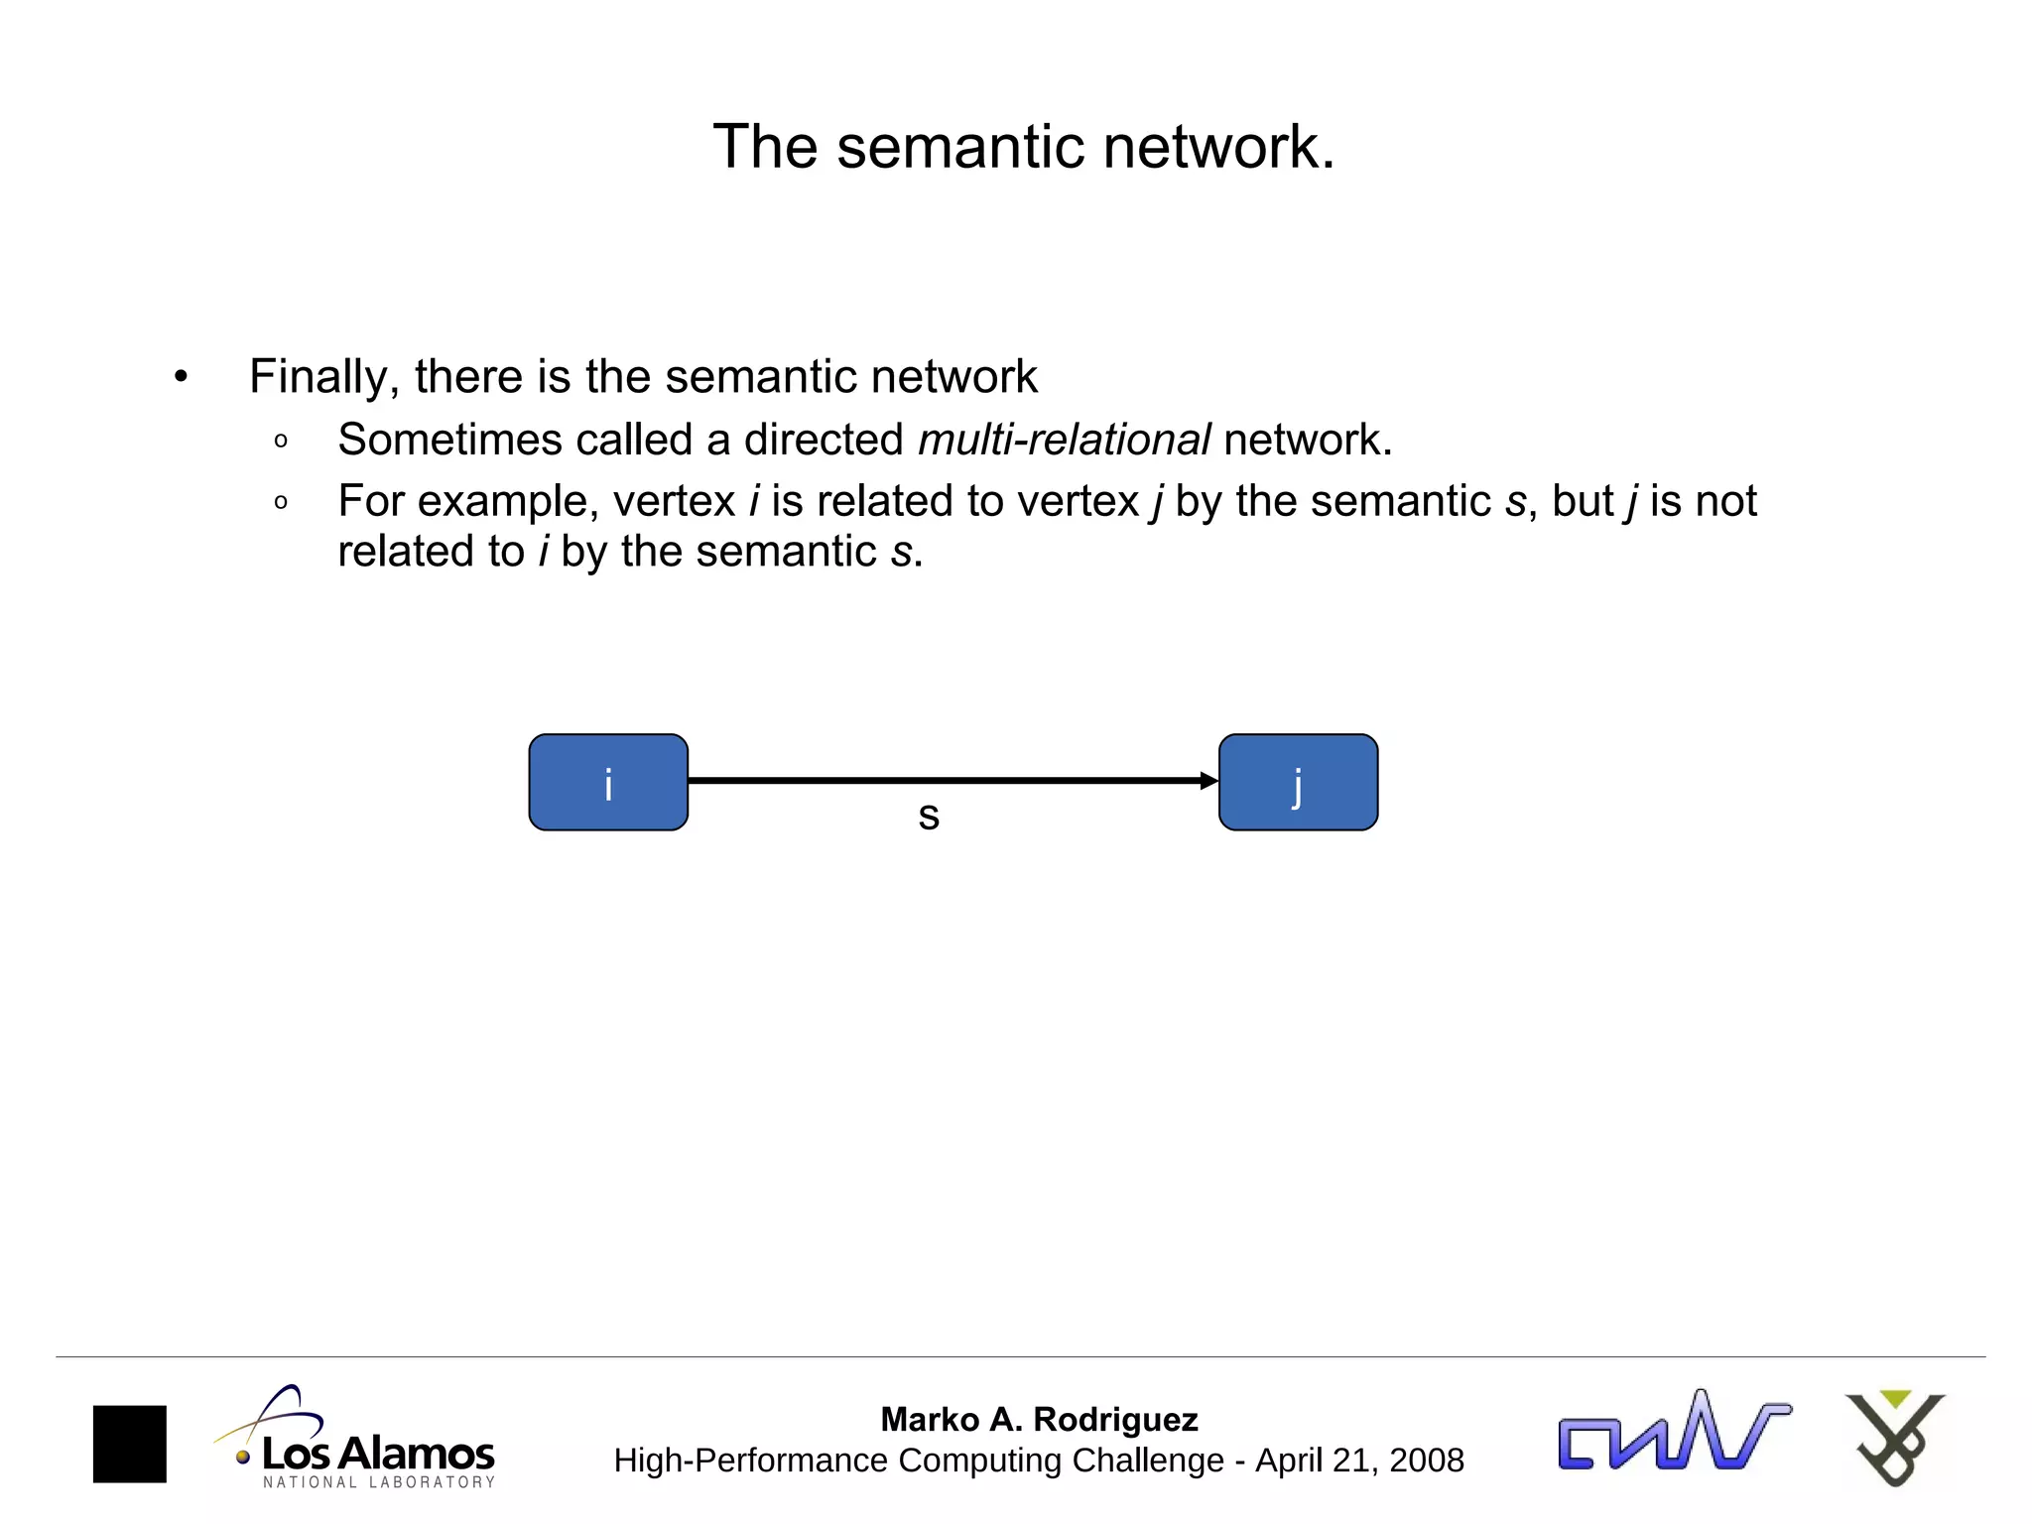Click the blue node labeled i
(x=608, y=782)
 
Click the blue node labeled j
(x=1298, y=782)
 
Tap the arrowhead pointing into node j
(x=1208, y=781)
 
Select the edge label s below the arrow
(x=929, y=817)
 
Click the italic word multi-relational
(x=1064, y=440)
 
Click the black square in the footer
(x=130, y=1444)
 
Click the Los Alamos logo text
(x=378, y=1455)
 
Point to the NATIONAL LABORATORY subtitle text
(x=379, y=1482)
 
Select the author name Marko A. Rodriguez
(x=1039, y=1420)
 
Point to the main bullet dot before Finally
(x=180, y=377)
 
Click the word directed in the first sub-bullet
(x=824, y=440)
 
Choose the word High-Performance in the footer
(x=750, y=1460)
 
